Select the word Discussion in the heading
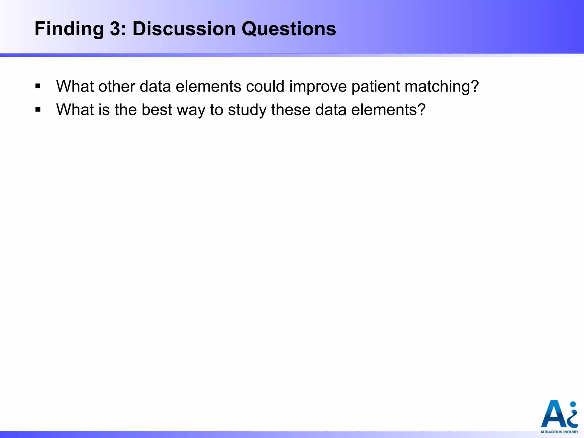(x=184, y=29)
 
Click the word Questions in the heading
(x=289, y=29)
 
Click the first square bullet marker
(x=38, y=86)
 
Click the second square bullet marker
(x=38, y=109)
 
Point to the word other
(x=117, y=86)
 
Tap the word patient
(x=376, y=86)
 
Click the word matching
(x=438, y=87)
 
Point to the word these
(x=291, y=109)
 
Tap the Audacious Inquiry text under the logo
(x=559, y=432)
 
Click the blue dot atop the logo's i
(x=573, y=404)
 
